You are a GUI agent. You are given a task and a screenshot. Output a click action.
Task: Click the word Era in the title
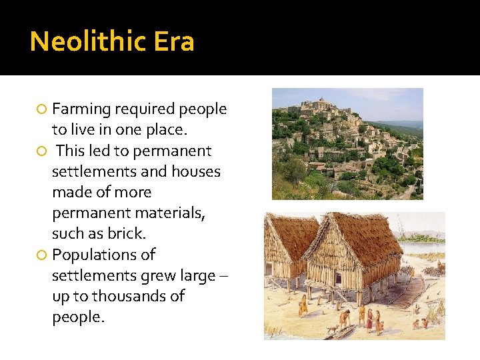pos(174,42)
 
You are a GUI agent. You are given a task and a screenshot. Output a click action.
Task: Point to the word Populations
pos(103,255)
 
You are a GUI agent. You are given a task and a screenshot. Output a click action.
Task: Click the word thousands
pos(139,296)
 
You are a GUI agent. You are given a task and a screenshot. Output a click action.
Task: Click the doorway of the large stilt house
pos(338,278)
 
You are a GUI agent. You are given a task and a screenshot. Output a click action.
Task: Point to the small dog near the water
pos(332,329)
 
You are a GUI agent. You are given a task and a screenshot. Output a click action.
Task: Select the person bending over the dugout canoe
pos(344,317)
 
